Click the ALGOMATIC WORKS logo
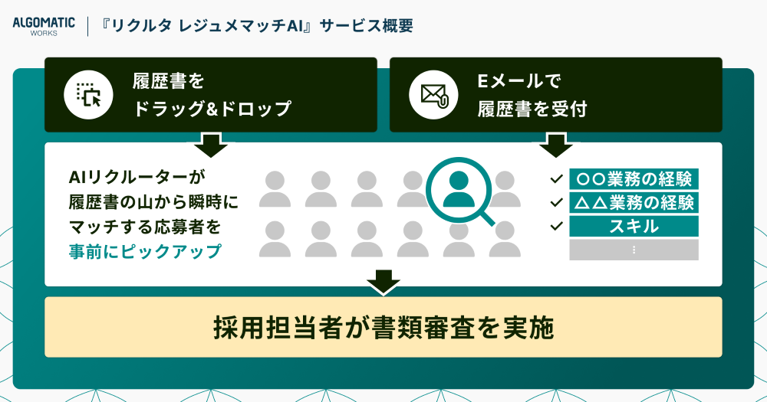click(x=44, y=26)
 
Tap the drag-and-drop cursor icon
click(x=88, y=95)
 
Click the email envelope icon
click(x=434, y=95)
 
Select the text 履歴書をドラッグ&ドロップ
click(x=212, y=95)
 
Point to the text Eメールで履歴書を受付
click(x=532, y=95)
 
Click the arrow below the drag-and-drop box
click(x=211, y=145)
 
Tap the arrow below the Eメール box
click(x=555, y=145)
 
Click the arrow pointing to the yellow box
click(x=383, y=283)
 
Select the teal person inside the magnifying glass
click(x=459, y=190)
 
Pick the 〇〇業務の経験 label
click(x=634, y=178)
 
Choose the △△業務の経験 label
click(x=634, y=202)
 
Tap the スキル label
click(x=634, y=226)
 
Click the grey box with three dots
click(x=634, y=250)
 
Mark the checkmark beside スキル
click(x=556, y=226)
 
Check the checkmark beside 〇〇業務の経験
click(x=556, y=178)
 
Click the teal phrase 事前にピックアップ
click(x=145, y=252)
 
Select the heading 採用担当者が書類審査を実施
click(x=383, y=327)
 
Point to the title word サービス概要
click(x=366, y=26)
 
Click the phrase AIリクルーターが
click(x=137, y=177)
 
